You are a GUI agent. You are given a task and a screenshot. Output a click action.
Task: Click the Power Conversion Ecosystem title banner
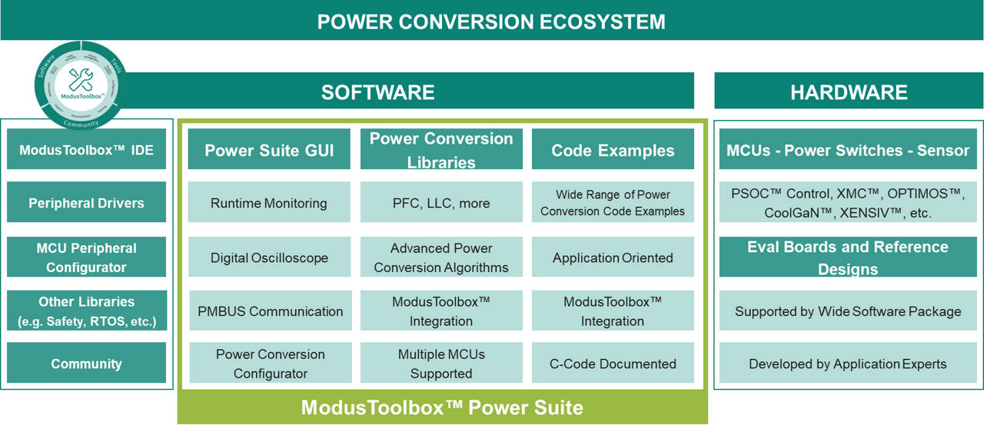coord(492,21)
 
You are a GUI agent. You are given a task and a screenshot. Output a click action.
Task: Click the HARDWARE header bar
coord(849,92)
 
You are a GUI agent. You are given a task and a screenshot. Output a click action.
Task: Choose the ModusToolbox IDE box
coord(86,149)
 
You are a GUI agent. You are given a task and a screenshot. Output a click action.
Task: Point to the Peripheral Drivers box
coord(86,203)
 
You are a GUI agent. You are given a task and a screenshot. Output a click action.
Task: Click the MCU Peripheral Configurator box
coord(86,258)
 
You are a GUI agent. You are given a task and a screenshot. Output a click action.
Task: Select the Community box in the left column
coord(86,364)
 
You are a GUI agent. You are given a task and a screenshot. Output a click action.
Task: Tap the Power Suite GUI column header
coord(269,150)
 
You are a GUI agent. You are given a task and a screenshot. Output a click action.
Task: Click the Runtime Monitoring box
coord(269,203)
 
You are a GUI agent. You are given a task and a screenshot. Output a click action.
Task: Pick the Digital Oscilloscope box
coord(269,258)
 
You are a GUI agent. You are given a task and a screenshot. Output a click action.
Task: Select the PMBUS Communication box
coord(269,311)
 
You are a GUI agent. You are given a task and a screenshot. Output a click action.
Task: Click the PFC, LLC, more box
coord(441,203)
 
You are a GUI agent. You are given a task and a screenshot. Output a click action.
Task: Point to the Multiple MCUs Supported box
coord(441,364)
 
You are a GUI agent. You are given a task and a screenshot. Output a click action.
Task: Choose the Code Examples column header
coord(613,150)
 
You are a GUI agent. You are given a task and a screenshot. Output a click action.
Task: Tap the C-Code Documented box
coord(613,364)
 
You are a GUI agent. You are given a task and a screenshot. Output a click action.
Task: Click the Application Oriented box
coord(613,258)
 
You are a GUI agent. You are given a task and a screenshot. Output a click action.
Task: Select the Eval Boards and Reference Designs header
coord(848,258)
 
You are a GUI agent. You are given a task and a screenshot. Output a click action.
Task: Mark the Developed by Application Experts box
coord(848,364)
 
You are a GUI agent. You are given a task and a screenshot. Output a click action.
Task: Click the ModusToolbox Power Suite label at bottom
coord(442,407)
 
